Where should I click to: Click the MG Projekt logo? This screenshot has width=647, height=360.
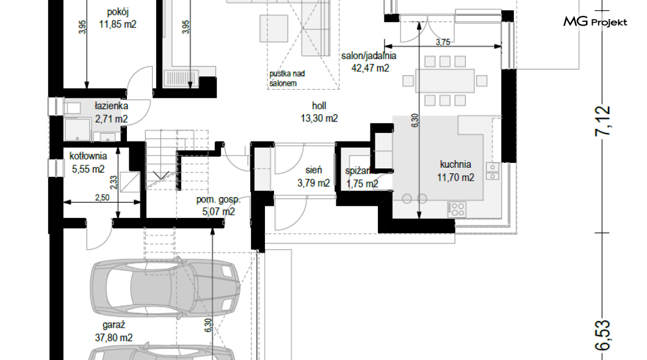tap(595, 21)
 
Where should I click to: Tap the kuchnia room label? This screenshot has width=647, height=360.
tap(455, 164)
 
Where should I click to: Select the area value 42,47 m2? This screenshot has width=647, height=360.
tap(370, 68)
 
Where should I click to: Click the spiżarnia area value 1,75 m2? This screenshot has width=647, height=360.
tap(363, 184)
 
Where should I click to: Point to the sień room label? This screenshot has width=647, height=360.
tap(314, 170)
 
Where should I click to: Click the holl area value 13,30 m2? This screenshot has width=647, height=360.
tap(319, 119)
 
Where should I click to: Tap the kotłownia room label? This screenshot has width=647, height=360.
tap(88, 156)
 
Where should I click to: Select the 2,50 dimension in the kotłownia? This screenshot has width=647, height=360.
tap(102, 198)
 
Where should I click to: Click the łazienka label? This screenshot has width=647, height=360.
tap(112, 106)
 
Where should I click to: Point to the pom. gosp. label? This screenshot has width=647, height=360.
tap(218, 200)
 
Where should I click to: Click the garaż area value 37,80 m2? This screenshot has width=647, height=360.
tap(114, 338)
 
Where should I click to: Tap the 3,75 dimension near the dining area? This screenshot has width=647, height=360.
tap(443, 42)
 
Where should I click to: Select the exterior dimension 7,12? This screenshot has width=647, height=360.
tap(603, 120)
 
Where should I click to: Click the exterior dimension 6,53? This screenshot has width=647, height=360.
tap(603, 335)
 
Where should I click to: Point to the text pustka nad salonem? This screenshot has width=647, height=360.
tap(287, 78)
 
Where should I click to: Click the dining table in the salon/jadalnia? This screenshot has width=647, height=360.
tap(445, 81)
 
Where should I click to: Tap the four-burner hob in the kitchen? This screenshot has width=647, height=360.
tap(457, 209)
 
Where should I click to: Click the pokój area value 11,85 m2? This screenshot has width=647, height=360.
tap(118, 24)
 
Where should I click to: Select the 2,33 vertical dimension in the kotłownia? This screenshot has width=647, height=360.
tap(114, 182)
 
